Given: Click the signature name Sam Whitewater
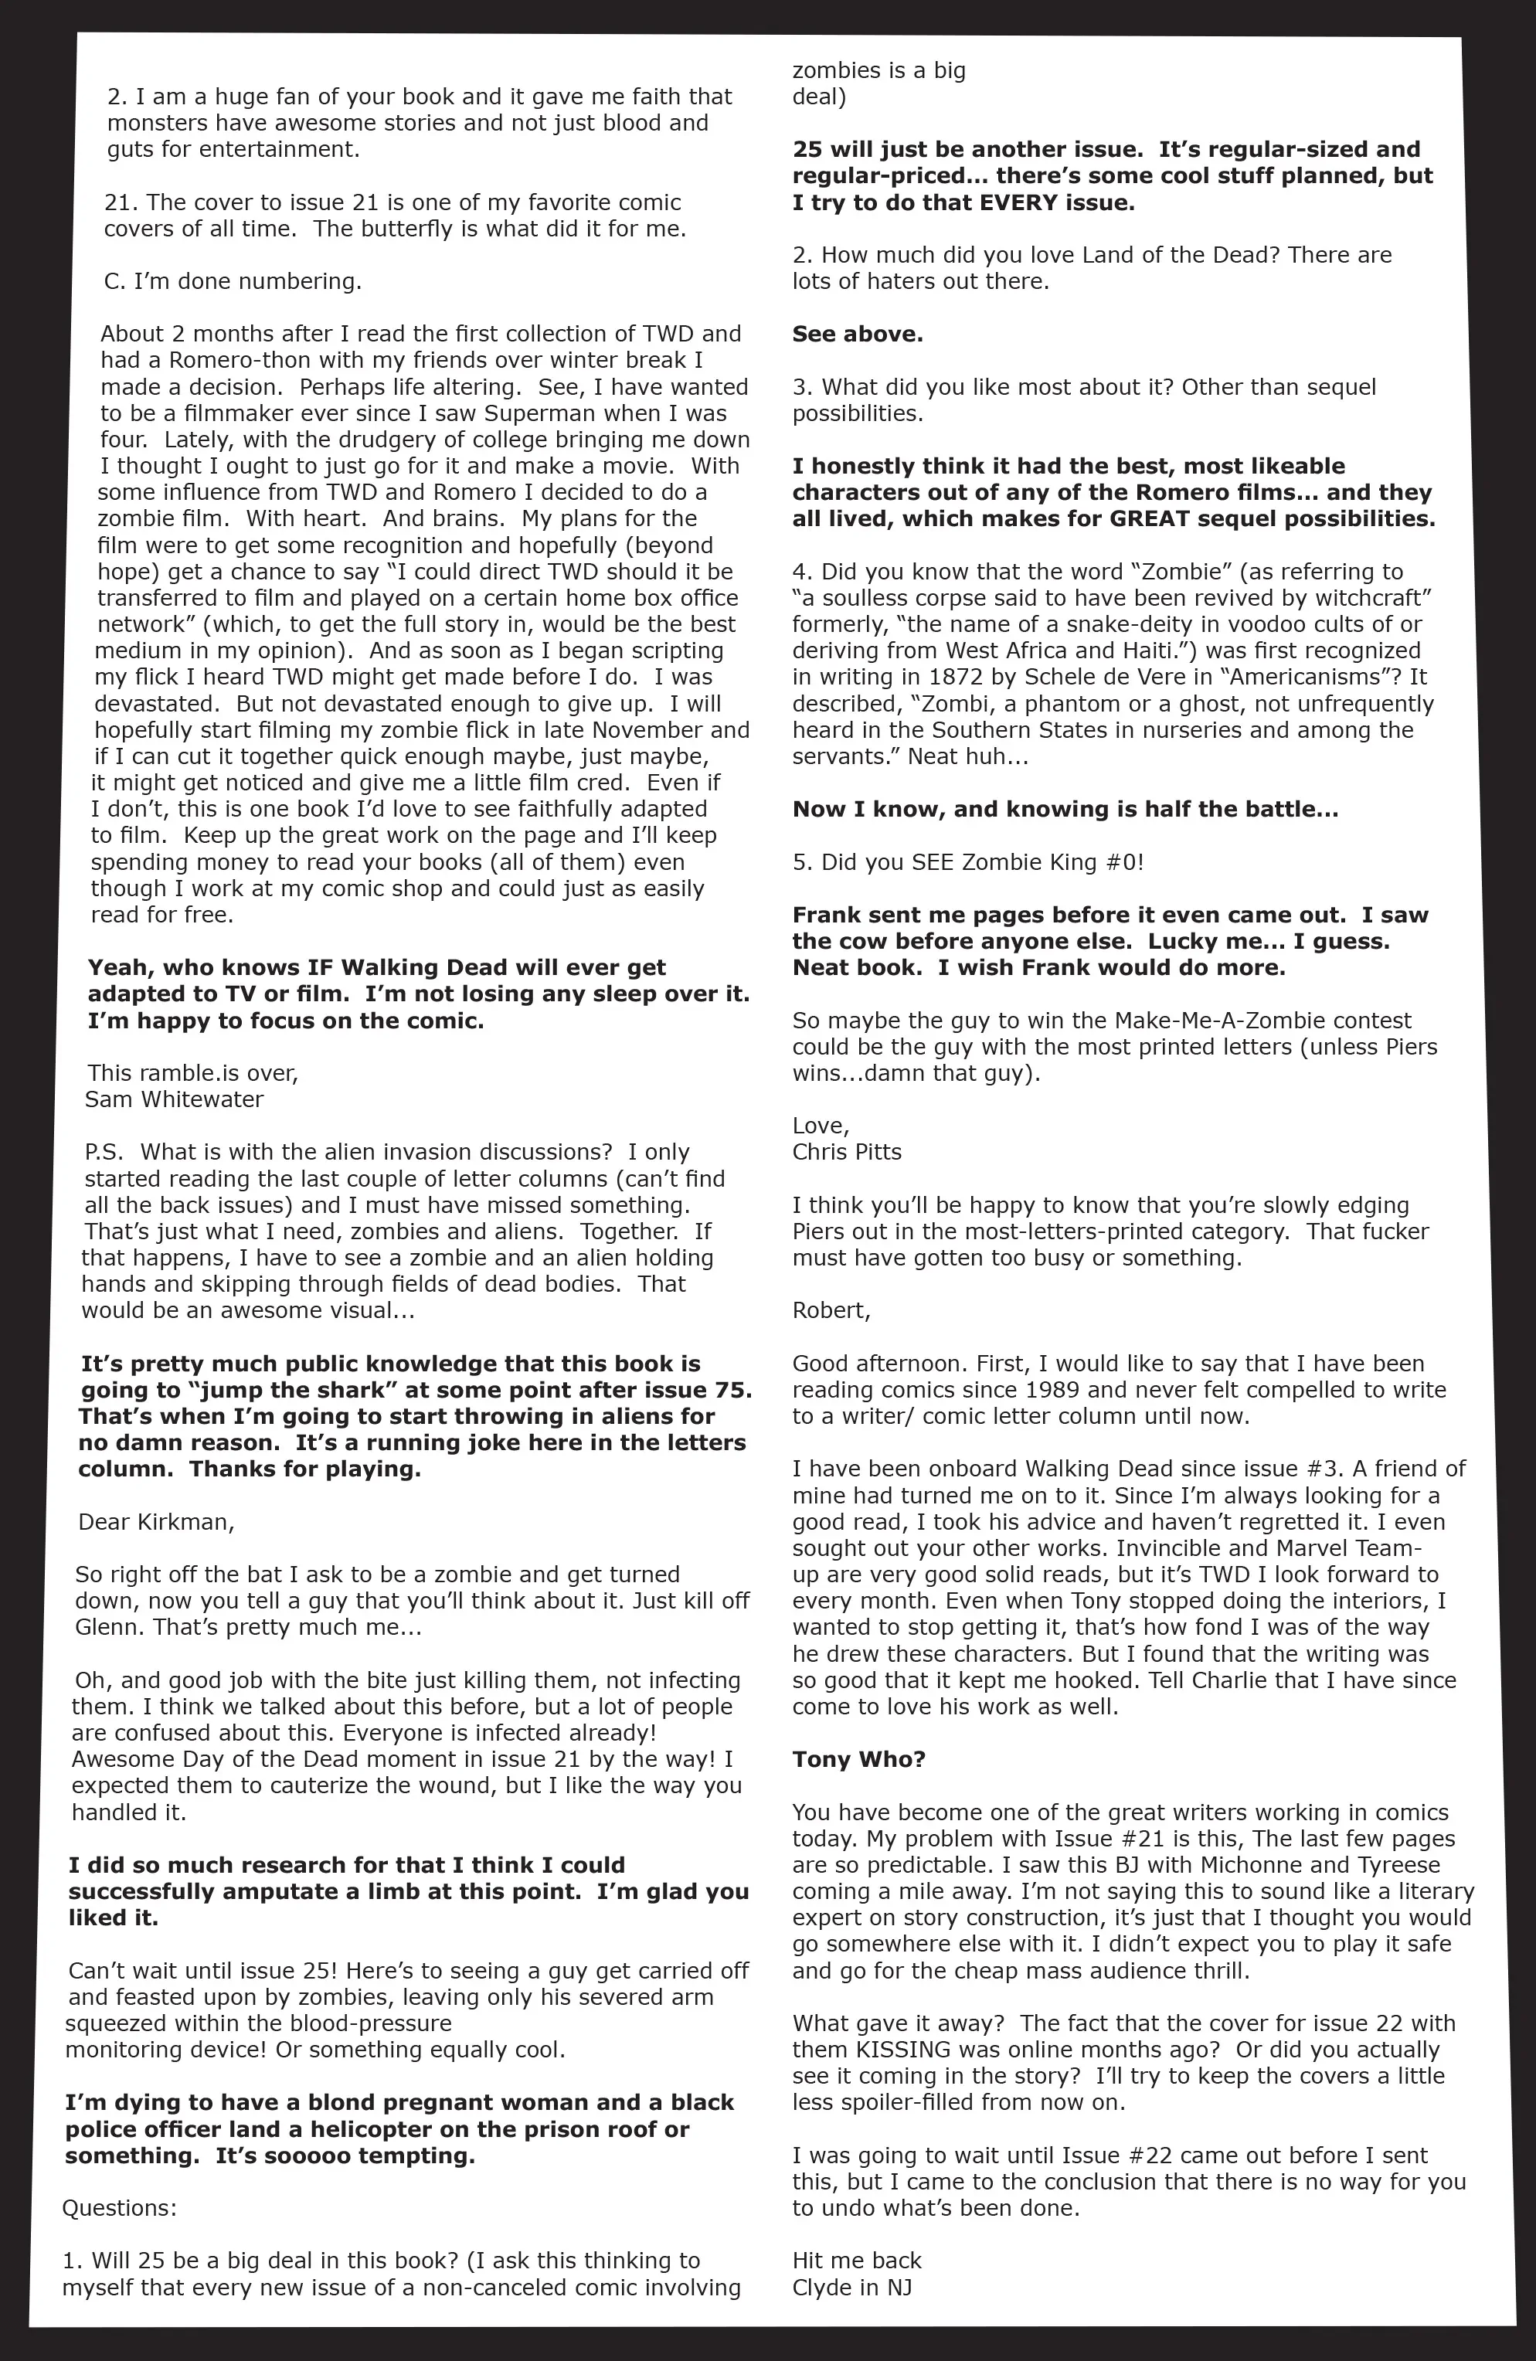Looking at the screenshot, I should (174, 1099).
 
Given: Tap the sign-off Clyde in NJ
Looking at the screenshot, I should (851, 2288).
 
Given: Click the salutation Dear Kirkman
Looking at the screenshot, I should (156, 1522).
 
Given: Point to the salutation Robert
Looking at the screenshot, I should (831, 1310).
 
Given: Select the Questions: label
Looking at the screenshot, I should (119, 2208).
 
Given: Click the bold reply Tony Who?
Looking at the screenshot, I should (858, 1760).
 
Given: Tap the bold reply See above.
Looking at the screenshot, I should (858, 335).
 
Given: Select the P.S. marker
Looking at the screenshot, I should (104, 1153).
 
